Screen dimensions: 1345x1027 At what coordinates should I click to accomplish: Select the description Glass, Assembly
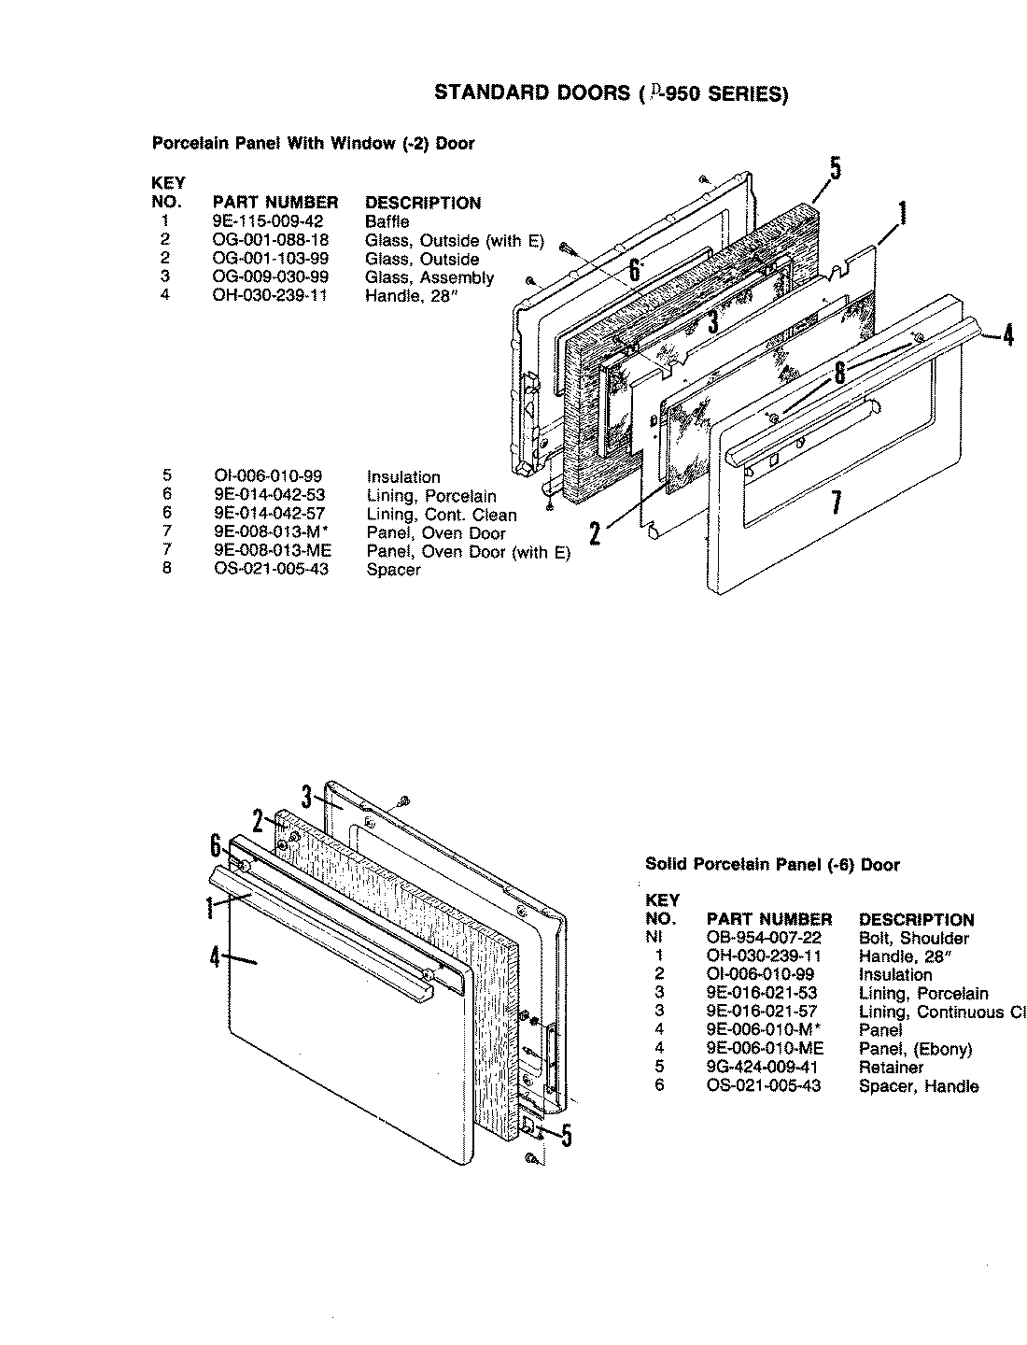429,277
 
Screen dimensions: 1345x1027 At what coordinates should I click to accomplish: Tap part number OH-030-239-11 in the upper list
269,296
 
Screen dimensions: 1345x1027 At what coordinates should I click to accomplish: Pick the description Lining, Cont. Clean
441,515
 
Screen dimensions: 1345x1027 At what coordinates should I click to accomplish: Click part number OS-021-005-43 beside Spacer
271,570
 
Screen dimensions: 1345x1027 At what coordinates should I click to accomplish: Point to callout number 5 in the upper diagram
834,169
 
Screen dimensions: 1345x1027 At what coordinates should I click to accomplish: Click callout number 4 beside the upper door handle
1007,334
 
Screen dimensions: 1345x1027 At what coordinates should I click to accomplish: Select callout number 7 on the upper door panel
837,503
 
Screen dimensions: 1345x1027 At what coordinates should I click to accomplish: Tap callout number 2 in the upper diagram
595,532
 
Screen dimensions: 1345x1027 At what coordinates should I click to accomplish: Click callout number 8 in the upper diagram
839,373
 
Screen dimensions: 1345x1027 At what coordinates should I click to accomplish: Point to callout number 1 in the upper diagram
902,216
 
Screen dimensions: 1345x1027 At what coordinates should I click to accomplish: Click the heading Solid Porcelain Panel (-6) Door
772,865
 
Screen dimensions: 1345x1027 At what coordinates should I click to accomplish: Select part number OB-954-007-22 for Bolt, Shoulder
764,938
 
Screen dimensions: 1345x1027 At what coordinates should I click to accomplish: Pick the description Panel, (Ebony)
915,1049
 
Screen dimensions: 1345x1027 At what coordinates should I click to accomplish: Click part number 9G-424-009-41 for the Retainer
763,1067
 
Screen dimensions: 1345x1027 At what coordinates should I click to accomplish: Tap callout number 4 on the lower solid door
215,957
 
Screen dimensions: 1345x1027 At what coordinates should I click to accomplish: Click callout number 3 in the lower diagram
306,797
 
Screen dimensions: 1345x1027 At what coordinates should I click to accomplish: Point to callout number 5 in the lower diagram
566,1135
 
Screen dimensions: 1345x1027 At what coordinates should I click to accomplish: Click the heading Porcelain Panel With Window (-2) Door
313,144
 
